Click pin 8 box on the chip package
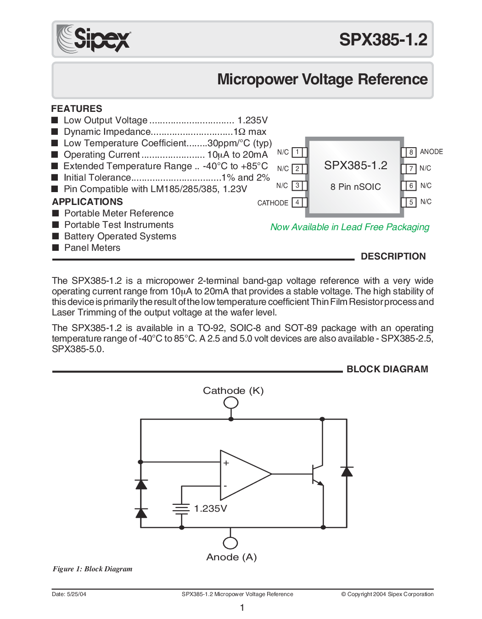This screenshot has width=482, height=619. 409,152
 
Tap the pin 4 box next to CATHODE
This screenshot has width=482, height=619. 299,202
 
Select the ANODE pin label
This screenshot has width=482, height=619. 431,152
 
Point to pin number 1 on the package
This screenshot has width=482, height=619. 297,152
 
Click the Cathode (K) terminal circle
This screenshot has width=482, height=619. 231,403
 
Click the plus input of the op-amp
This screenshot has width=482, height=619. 226,463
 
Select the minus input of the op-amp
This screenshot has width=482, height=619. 225,486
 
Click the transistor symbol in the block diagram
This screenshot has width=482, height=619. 317,474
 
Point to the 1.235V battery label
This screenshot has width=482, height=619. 211,508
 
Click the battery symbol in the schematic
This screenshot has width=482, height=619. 181,508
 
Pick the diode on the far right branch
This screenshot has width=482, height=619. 347,471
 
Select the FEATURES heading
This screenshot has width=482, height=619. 77,109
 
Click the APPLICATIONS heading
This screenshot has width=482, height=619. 87,201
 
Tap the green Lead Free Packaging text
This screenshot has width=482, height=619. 350,227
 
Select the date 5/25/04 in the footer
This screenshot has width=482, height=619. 76,594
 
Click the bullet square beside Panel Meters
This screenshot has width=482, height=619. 56,247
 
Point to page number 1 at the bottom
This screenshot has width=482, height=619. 242,608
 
